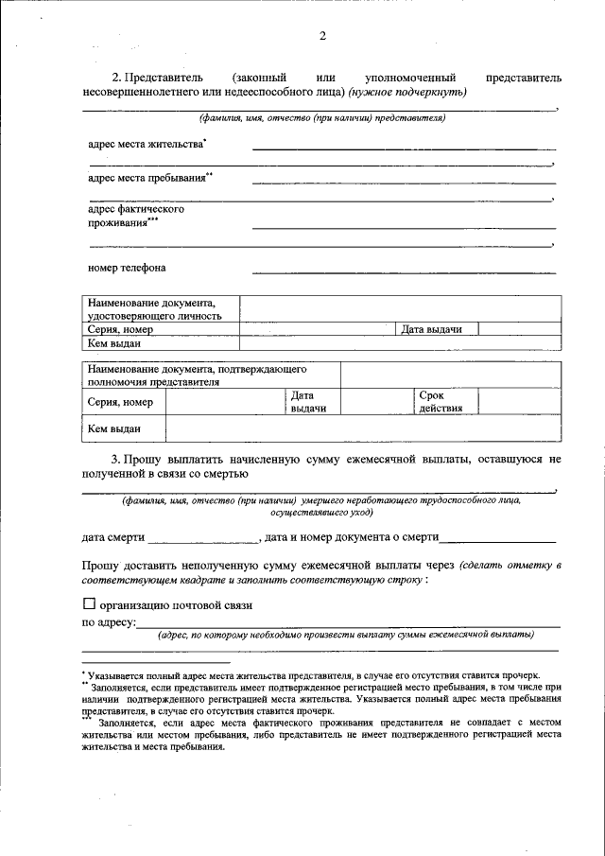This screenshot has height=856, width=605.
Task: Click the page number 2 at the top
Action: (x=321, y=36)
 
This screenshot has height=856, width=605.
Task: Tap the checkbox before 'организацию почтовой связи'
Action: (x=89, y=603)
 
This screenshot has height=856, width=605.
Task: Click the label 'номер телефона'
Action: (x=126, y=268)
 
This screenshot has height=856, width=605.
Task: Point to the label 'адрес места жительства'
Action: (x=147, y=144)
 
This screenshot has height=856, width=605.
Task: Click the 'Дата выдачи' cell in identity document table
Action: (x=431, y=329)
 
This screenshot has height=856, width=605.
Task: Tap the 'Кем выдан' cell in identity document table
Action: (x=113, y=343)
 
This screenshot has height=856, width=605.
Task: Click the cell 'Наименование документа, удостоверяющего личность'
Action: (x=155, y=308)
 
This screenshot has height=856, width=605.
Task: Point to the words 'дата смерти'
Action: (x=112, y=537)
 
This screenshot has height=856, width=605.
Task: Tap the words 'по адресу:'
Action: (x=109, y=622)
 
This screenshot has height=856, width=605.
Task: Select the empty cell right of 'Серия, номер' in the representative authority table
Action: (x=225, y=402)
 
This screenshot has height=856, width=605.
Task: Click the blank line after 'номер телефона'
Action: (x=404, y=271)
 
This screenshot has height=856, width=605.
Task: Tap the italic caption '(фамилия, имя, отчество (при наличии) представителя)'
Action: (x=321, y=118)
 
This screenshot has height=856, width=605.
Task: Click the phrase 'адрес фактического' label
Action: (x=136, y=209)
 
